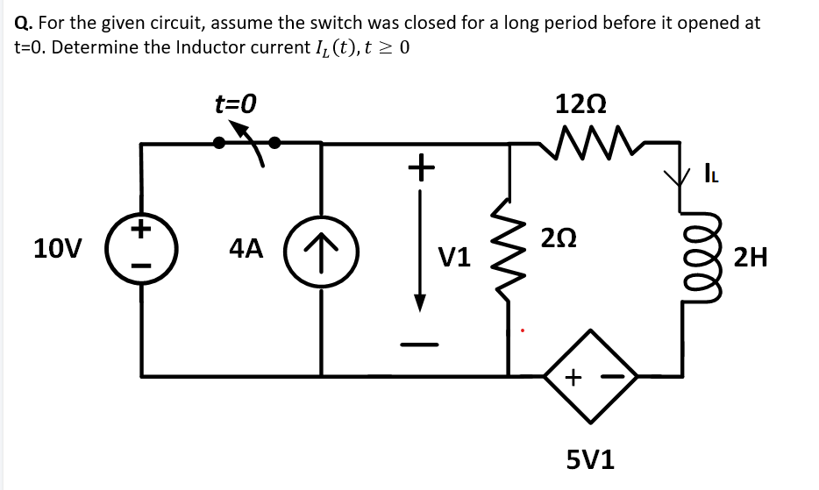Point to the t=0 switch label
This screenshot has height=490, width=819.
coord(235,105)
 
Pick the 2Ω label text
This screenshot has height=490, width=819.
coord(559,237)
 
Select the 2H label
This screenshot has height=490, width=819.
coord(751,258)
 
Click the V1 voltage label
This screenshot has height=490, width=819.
coord(454,258)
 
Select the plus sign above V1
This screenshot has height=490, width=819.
coord(422,164)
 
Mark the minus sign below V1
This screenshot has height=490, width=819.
coord(420,344)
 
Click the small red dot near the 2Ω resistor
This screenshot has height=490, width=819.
coord(523,331)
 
